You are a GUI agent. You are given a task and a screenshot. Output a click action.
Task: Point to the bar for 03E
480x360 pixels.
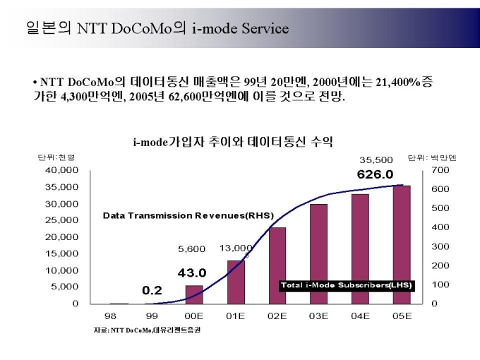click(x=318, y=254)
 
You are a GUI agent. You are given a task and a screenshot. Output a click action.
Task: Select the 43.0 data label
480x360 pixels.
click(x=191, y=272)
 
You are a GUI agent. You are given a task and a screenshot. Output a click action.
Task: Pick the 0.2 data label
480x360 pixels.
click(x=152, y=290)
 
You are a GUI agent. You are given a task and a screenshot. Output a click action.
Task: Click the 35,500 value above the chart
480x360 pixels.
click(x=376, y=160)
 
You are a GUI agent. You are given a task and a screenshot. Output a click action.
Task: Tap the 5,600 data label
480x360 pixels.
click(x=191, y=248)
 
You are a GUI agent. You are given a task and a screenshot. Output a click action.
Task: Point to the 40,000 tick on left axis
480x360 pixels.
click(x=62, y=170)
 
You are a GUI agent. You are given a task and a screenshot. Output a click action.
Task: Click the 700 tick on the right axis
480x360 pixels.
click(x=440, y=170)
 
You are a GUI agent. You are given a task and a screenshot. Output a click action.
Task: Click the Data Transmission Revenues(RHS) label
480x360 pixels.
click(x=188, y=215)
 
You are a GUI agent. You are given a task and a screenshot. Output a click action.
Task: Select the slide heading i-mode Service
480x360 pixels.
click(x=157, y=28)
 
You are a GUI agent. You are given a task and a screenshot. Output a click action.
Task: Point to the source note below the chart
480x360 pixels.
click(x=147, y=330)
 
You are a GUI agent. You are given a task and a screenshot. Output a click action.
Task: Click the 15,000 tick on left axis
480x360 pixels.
click(x=62, y=253)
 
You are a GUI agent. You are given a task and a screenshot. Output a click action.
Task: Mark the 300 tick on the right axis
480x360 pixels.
click(x=440, y=246)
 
